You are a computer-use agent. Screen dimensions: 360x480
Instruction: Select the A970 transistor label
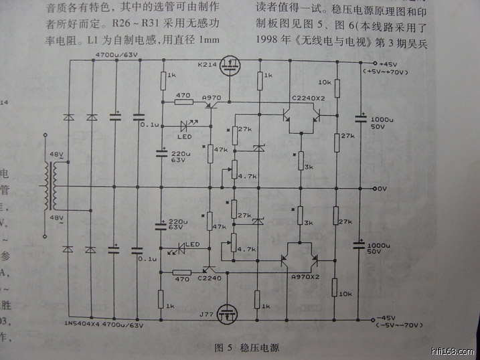pos(212,97)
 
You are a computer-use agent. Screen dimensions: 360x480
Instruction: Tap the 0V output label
pos(382,189)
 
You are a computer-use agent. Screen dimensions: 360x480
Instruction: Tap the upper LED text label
pos(184,137)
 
